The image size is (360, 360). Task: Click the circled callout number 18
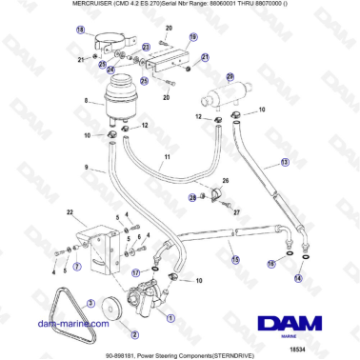click(80, 30)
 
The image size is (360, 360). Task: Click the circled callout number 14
click(298, 278)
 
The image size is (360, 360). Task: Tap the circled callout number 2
click(134, 334)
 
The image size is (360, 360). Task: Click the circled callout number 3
click(90, 302)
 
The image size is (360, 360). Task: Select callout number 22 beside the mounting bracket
click(69, 211)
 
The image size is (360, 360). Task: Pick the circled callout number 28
click(192, 197)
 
